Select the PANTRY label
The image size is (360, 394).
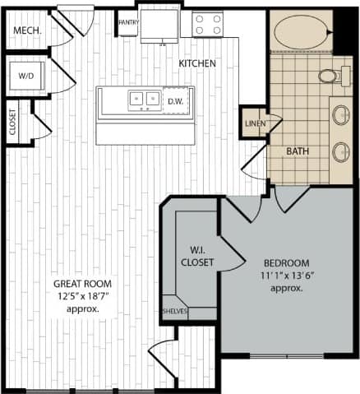(x=127, y=22)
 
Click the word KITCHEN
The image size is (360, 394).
(x=197, y=63)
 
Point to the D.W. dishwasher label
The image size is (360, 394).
(x=175, y=100)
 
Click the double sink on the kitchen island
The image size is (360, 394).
(x=145, y=100)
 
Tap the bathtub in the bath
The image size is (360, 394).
(x=300, y=34)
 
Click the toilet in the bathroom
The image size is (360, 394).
(x=329, y=76)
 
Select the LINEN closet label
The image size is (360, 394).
(x=252, y=123)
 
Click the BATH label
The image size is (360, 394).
(x=297, y=151)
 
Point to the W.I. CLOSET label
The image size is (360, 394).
(x=197, y=256)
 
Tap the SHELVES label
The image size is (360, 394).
(x=174, y=311)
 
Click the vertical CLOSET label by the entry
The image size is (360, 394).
(x=13, y=123)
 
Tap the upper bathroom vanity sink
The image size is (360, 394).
(x=340, y=115)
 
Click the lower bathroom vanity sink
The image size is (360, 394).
(x=340, y=151)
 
